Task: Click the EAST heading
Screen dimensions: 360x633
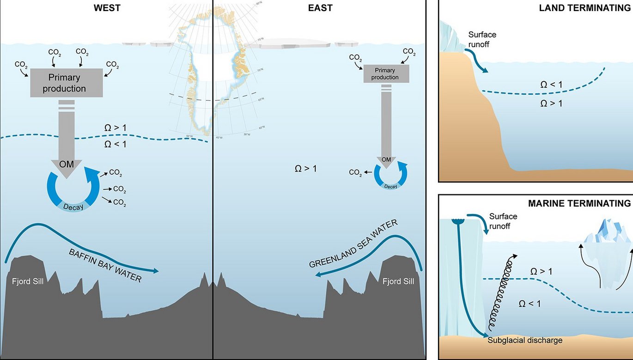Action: pos(320,8)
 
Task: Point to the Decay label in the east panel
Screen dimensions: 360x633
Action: pos(390,186)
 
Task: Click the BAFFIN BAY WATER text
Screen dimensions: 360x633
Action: pos(105,266)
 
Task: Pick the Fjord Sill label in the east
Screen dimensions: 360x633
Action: pos(398,281)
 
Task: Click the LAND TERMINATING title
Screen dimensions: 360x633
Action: pos(584,9)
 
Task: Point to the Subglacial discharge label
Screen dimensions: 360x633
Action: pos(525,340)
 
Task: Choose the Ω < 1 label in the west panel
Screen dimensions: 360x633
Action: pos(116,144)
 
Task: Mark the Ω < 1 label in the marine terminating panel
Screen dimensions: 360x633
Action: pos(530,304)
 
